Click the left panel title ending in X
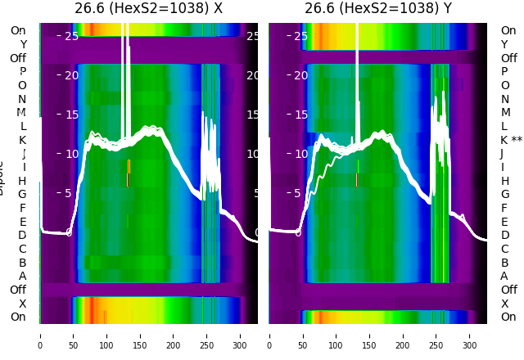148,9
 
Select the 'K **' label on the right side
512,140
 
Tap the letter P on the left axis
22,71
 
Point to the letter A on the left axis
22,276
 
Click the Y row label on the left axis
22,44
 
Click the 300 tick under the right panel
469,335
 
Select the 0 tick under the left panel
40,335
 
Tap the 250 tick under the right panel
436,335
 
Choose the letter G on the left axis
22,194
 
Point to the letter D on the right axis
504,235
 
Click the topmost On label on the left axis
18,30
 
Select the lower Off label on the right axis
508,290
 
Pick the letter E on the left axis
22,222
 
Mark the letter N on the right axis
504,99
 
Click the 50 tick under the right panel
302,335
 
